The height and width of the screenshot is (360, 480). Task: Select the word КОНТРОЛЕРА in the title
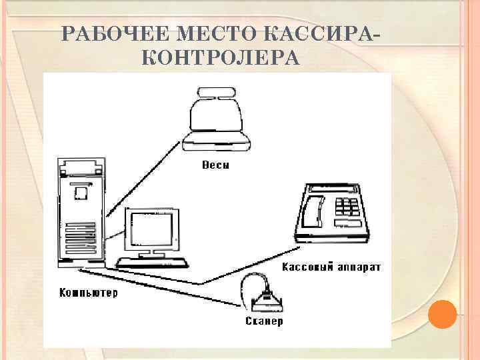click(221, 59)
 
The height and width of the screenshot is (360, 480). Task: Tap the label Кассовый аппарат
click(331, 267)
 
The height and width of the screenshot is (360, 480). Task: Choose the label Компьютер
click(88, 293)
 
